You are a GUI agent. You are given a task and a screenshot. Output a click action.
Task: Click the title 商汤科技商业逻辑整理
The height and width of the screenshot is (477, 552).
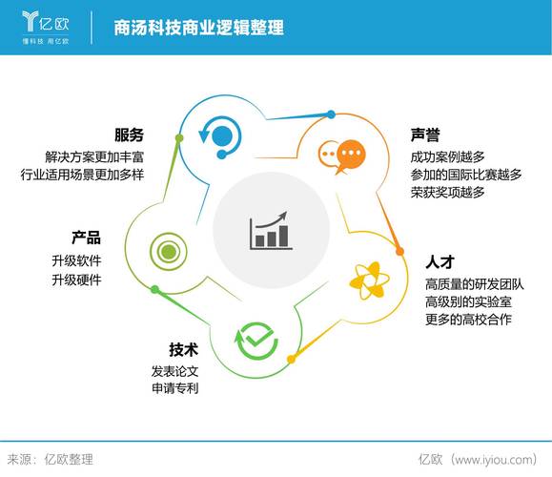pos(198,28)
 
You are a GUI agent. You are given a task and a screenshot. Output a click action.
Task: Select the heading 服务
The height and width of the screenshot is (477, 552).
pos(130,135)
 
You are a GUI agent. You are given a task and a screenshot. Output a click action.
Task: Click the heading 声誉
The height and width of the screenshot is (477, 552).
pos(424,135)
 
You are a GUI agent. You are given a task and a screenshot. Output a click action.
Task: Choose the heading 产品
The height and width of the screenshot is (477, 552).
pos(86,238)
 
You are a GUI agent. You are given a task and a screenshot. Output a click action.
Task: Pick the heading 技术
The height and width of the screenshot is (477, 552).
pos(183,348)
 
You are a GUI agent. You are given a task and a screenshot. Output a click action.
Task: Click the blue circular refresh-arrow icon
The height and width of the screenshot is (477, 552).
pos(221,135)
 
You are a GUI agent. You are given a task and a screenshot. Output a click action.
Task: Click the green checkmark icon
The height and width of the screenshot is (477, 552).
pos(256,340)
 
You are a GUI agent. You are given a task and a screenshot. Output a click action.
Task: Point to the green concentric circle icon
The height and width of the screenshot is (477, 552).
pos(167,252)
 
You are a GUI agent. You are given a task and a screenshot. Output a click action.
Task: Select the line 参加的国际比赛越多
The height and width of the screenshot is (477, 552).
pos(466,175)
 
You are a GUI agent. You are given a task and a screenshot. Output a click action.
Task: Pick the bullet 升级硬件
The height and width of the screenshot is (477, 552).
pos(76,280)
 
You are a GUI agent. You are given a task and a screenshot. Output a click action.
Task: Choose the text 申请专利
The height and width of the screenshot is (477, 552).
pos(174,389)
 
